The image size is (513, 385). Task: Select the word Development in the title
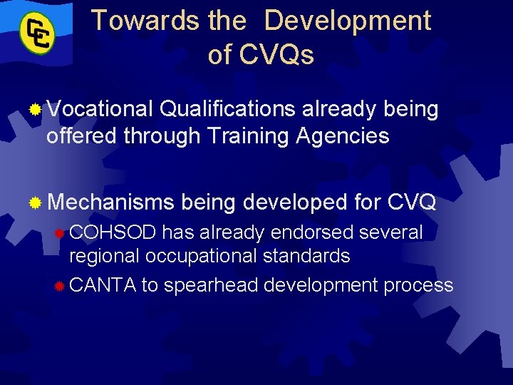(x=347, y=21)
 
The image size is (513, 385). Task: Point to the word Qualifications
(x=227, y=110)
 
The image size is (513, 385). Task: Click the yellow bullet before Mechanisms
(x=34, y=203)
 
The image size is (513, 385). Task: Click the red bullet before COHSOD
(x=61, y=233)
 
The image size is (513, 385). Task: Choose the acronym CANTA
(x=103, y=285)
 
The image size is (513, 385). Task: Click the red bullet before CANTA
(x=61, y=286)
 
